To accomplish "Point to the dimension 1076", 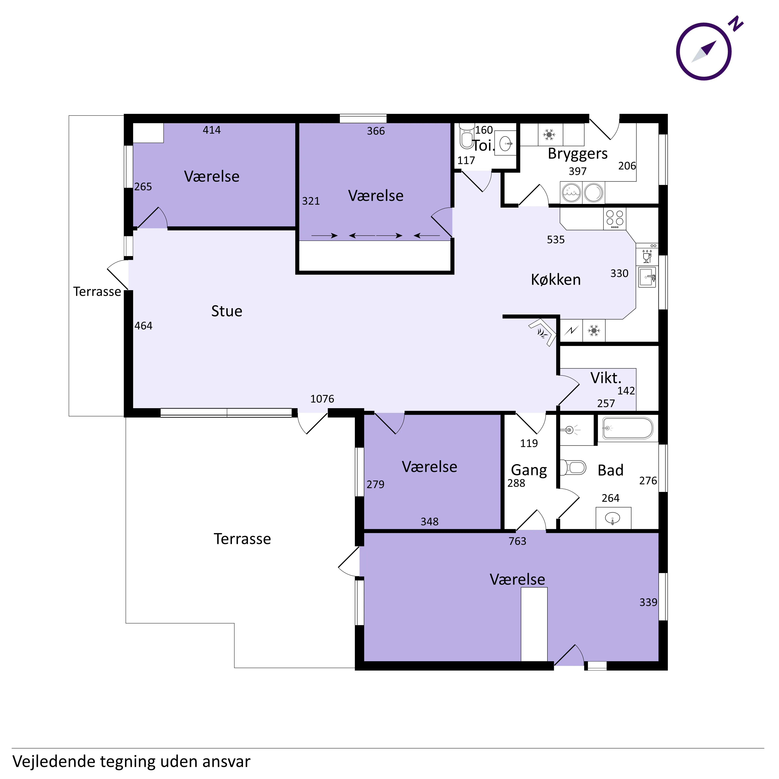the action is coord(322,399).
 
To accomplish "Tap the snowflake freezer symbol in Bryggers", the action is coord(549,135).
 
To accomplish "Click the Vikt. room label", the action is coord(606,378).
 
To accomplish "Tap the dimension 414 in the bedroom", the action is coord(212,130).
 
